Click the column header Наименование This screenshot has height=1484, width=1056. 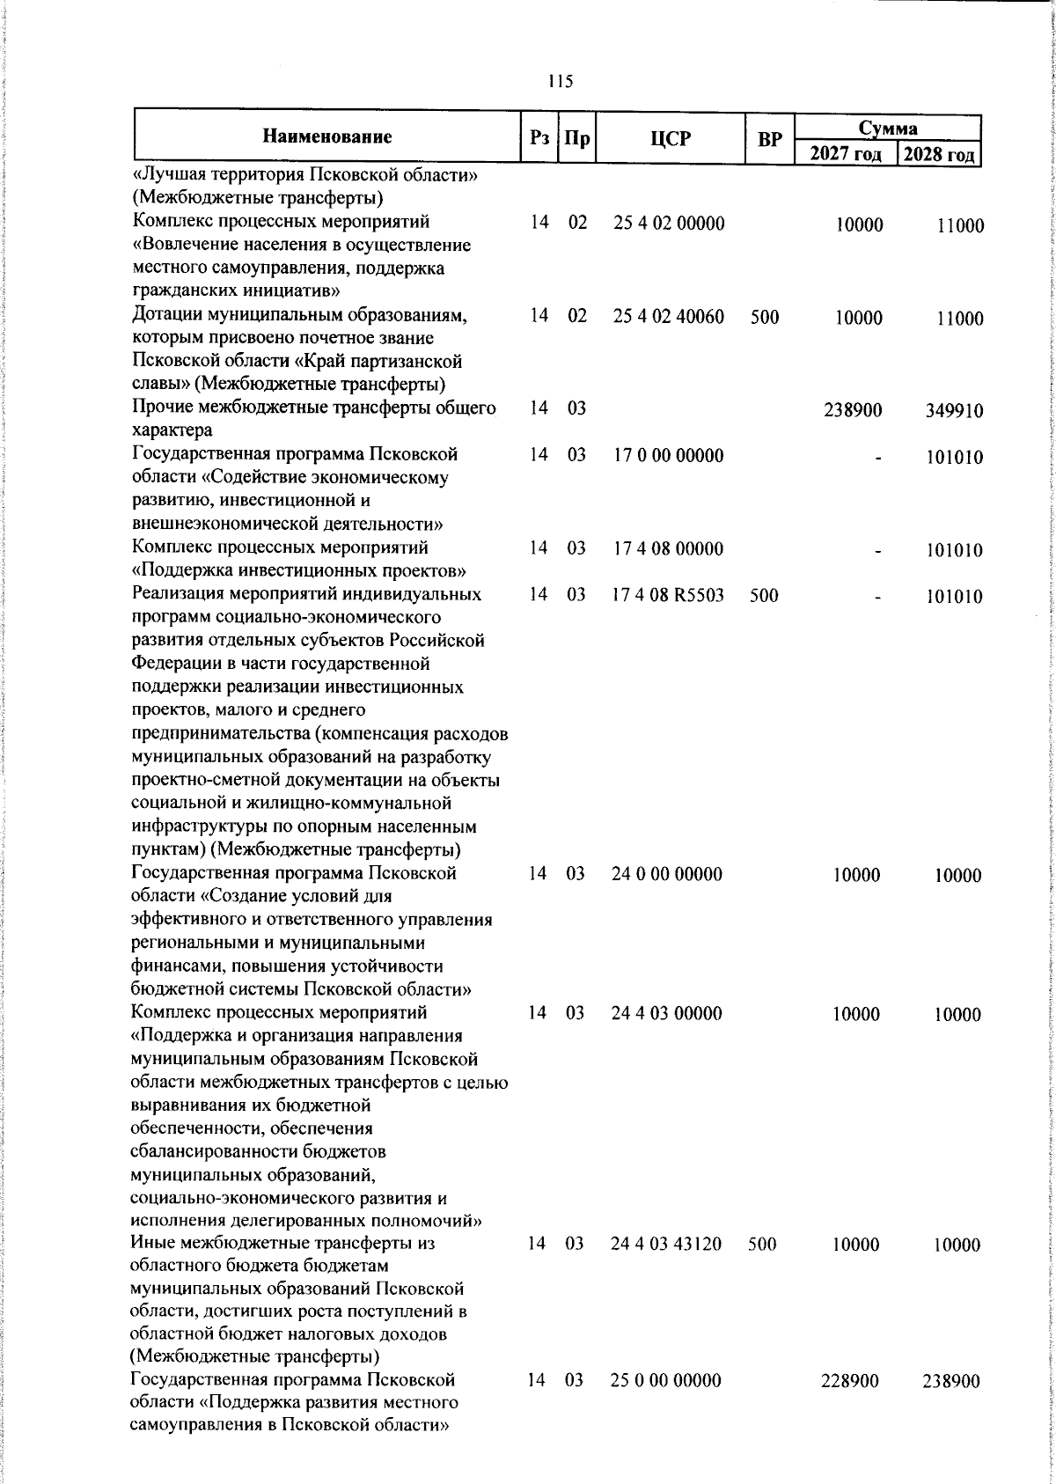pyautogui.click(x=326, y=136)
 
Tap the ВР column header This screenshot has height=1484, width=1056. pyautogui.click(x=770, y=138)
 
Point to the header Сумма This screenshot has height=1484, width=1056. pyautogui.click(x=888, y=128)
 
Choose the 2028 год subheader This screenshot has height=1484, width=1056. pyautogui.click(x=939, y=155)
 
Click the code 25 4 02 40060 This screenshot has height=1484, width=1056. pyautogui.click(x=669, y=317)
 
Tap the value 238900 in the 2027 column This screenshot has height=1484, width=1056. pyautogui.click(x=853, y=410)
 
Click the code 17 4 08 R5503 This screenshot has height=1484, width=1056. pyautogui.click(x=668, y=595)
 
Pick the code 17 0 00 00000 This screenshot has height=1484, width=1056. pyautogui.click(x=668, y=456)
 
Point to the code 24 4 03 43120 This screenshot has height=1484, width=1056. pyautogui.click(x=667, y=1245)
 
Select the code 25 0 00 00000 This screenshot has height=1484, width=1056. pyautogui.click(x=666, y=1406)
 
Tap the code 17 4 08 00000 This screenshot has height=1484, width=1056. pyautogui.click(x=668, y=549)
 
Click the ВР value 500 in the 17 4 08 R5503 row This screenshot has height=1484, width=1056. pyautogui.click(x=765, y=595)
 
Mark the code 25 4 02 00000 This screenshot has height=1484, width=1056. pyautogui.click(x=669, y=224)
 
